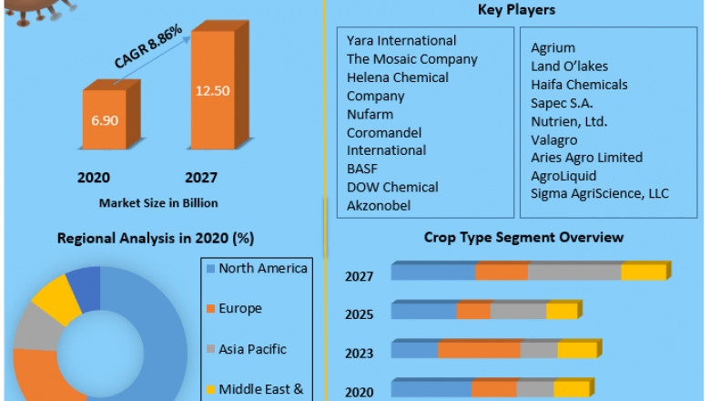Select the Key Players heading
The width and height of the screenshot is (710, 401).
516,10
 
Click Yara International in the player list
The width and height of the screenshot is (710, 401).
401,41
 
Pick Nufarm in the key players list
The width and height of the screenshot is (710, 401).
369,114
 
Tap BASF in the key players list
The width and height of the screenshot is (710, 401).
361,169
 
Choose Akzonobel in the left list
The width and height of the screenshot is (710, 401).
379,205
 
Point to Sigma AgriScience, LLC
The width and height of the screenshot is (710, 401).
599,193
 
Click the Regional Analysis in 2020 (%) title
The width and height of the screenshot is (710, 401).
156,238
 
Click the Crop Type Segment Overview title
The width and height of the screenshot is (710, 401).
523,237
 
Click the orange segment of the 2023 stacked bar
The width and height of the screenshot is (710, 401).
479,351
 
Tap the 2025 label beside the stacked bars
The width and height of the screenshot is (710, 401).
359,314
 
